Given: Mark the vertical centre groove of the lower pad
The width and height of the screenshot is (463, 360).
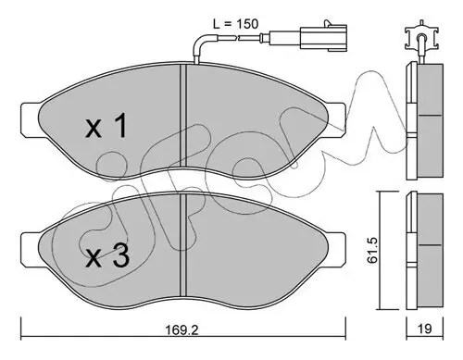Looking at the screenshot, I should point(186,245).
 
